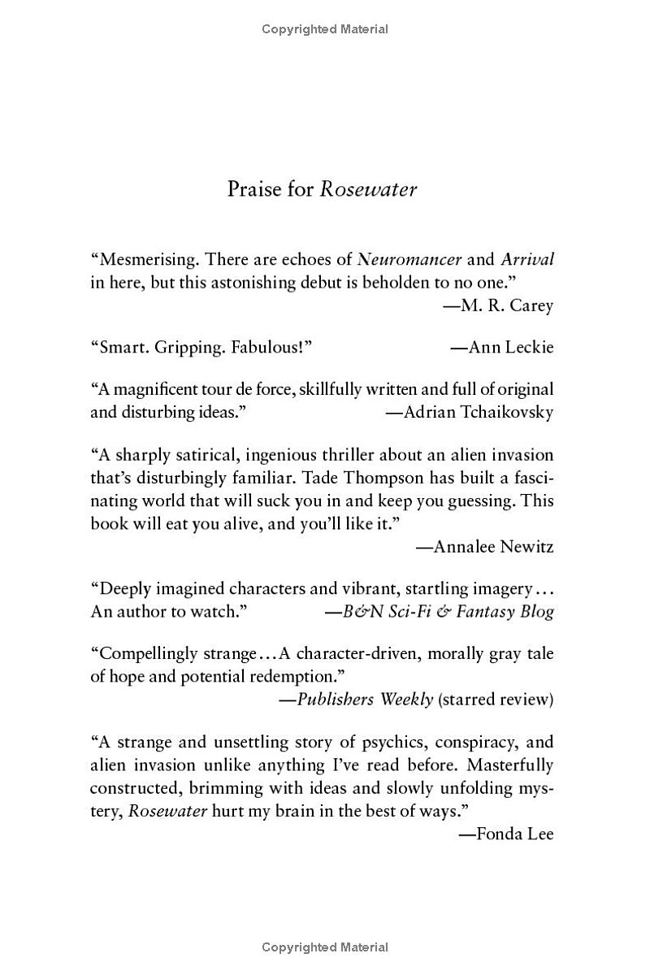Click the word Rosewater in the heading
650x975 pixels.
368,189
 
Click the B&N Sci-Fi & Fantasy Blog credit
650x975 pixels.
439,612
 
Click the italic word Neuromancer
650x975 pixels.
409,260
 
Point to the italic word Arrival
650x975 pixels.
527,260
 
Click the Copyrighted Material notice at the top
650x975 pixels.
325,29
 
